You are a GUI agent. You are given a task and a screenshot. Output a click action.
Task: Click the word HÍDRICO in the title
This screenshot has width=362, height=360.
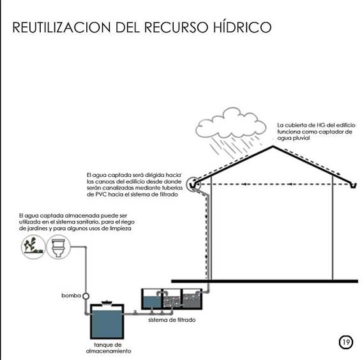click(242, 27)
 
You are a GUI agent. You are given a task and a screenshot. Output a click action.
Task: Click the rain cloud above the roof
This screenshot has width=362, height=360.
click(230, 123)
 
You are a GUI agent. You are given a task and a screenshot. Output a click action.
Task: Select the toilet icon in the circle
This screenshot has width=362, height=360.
click(58, 247)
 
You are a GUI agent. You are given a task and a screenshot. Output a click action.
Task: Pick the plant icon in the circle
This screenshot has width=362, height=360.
click(33, 246)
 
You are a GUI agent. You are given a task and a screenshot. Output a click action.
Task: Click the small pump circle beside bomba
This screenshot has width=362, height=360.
click(86, 296)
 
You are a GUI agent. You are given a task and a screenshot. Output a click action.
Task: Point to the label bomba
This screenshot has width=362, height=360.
click(71, 296)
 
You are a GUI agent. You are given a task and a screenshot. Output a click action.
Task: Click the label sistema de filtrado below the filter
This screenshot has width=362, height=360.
click(172, 320)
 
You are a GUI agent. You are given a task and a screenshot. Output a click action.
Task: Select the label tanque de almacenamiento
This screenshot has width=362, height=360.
click(109, 348)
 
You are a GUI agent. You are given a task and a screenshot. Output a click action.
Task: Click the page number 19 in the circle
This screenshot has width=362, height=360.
click(346, 342)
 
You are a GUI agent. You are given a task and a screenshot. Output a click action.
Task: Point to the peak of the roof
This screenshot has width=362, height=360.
click(273, 146)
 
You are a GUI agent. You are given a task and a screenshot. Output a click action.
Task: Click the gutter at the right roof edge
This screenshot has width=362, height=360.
click(352, 185)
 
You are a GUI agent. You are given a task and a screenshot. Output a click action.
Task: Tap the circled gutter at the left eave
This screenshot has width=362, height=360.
click(193, 184)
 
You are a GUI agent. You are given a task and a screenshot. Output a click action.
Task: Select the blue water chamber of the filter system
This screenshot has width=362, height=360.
click(153, 302)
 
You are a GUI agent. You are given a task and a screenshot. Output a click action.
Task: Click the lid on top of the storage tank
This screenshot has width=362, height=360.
click(107, 303)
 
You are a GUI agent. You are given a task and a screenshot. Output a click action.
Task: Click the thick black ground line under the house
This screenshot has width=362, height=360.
click(264, 281)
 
